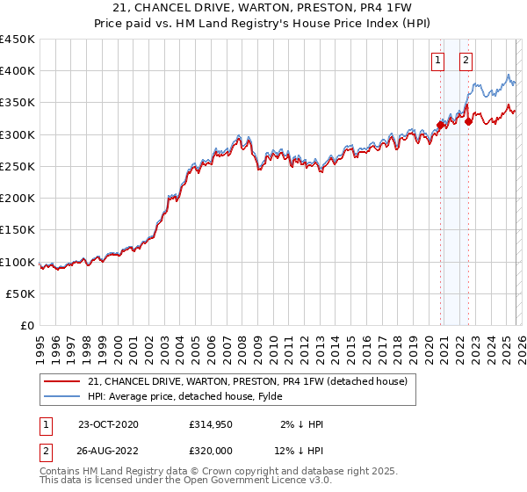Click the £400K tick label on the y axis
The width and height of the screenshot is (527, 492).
click(x=18, y=71)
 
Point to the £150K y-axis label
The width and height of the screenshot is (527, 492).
click(x=18, y=230)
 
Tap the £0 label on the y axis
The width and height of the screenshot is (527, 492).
click(x=27, y=326)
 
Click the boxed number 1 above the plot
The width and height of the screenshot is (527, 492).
click(x=437, y=61)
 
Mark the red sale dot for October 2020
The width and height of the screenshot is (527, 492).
click(x=440, y=125)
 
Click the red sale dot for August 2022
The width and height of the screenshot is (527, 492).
click(x=468, y=121)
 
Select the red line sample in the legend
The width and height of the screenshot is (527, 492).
click(x=62, y=382)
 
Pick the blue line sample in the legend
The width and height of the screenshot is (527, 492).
click(x=62, y=398)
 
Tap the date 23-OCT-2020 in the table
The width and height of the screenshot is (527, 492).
click(x=108, y=424)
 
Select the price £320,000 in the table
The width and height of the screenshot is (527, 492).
click(x=210, y=451)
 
